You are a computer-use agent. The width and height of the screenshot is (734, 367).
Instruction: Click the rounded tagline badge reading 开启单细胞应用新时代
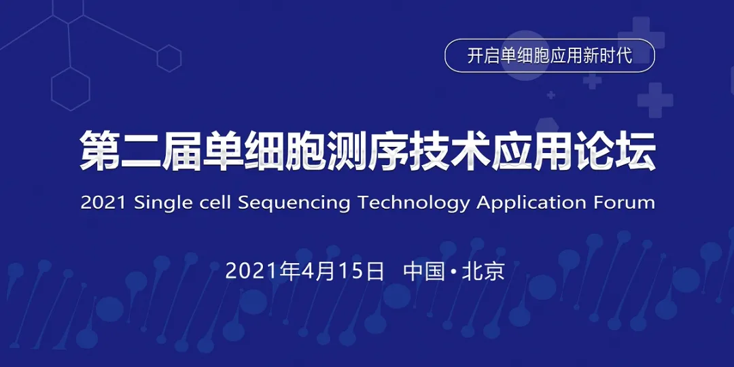[549, 56]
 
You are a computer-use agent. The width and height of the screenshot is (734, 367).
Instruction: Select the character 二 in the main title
[141, 150]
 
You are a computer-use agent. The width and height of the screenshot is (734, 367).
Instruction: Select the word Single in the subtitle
[163, 203]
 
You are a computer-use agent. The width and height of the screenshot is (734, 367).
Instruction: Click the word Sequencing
[294, 203]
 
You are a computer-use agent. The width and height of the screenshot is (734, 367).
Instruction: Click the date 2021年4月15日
[305, 270]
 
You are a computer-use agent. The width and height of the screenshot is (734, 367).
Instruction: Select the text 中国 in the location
[424, 270]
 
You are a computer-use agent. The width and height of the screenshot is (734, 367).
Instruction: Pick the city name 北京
[483, 270]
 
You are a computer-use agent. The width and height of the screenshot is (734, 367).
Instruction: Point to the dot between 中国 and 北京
[453, 272]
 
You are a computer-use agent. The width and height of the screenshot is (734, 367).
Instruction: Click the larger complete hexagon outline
[71, 88]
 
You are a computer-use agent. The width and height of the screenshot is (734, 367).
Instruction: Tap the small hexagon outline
[169, 58]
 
